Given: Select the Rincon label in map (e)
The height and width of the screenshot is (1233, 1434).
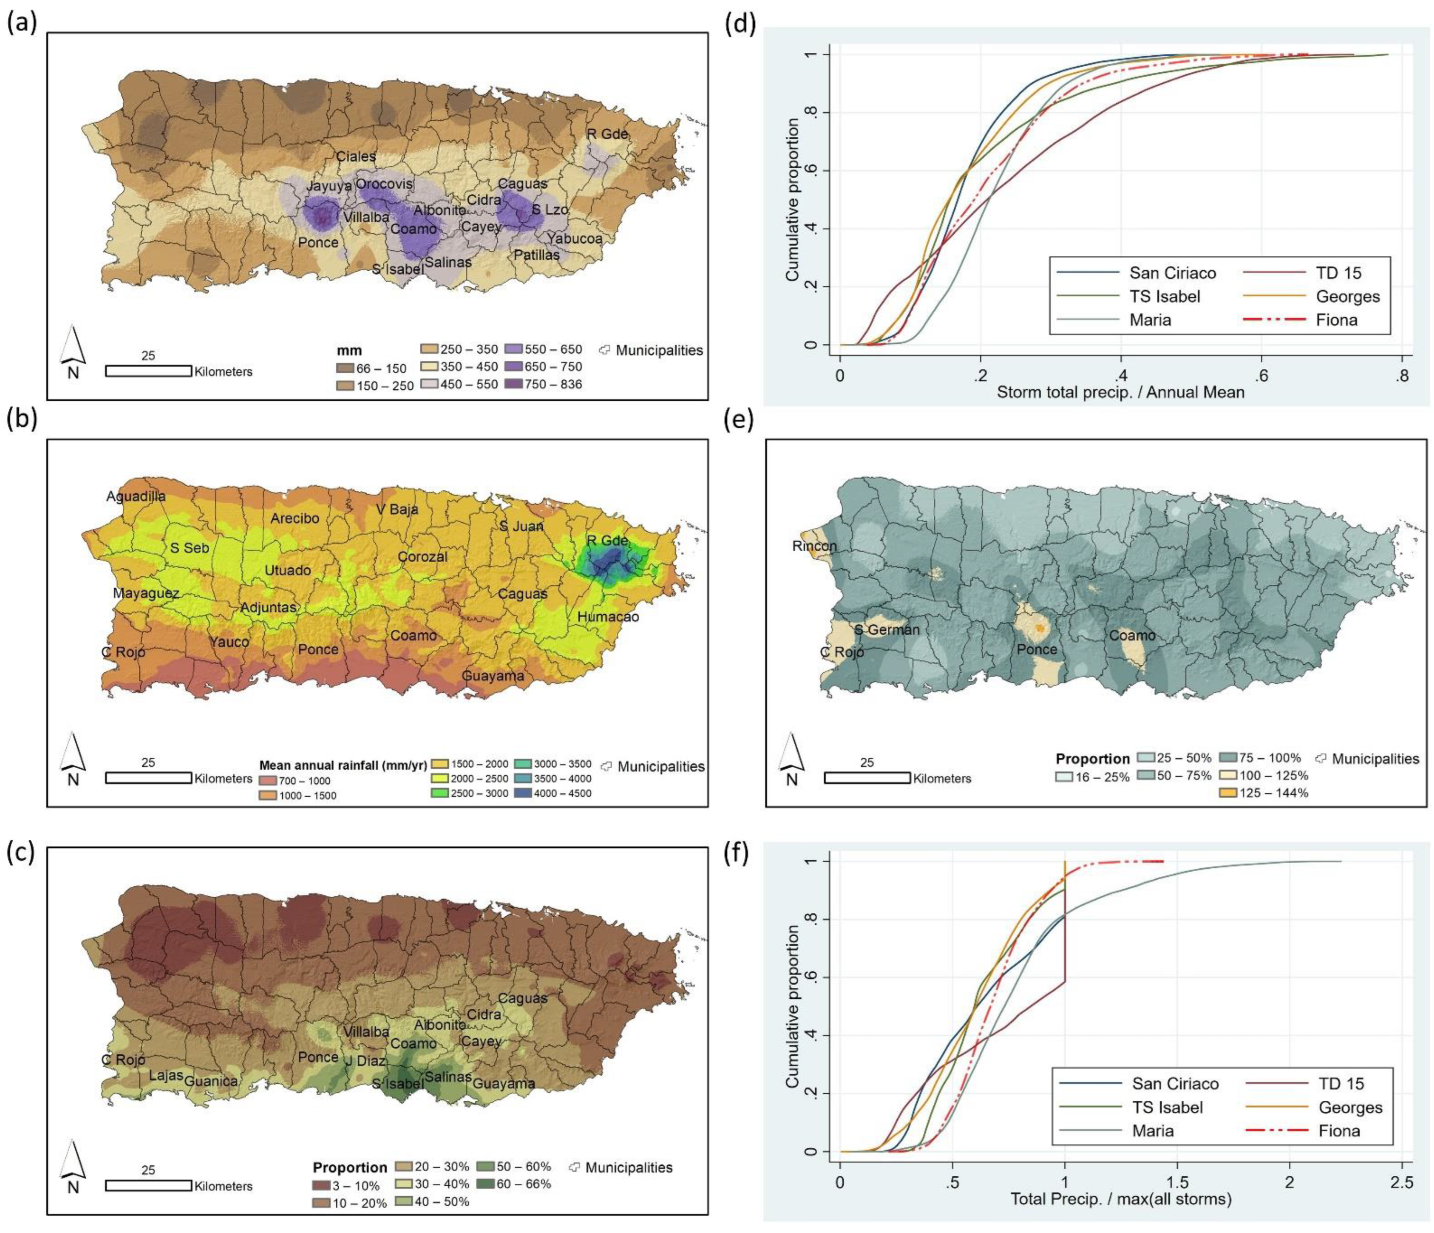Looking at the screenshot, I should [815, 546].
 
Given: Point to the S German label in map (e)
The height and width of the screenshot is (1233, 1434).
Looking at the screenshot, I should [887, 629].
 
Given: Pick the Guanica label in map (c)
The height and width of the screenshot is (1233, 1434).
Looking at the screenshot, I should [211, 1081].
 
